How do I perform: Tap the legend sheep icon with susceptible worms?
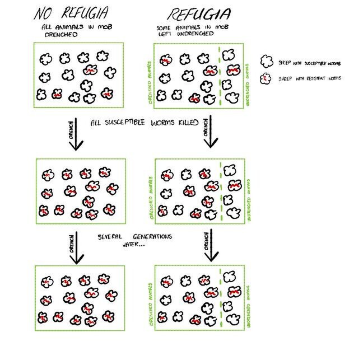[x=267, y=60]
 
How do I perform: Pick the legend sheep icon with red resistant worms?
[x=267, y=78]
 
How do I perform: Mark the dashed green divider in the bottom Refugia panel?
[x=221, y=300]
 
